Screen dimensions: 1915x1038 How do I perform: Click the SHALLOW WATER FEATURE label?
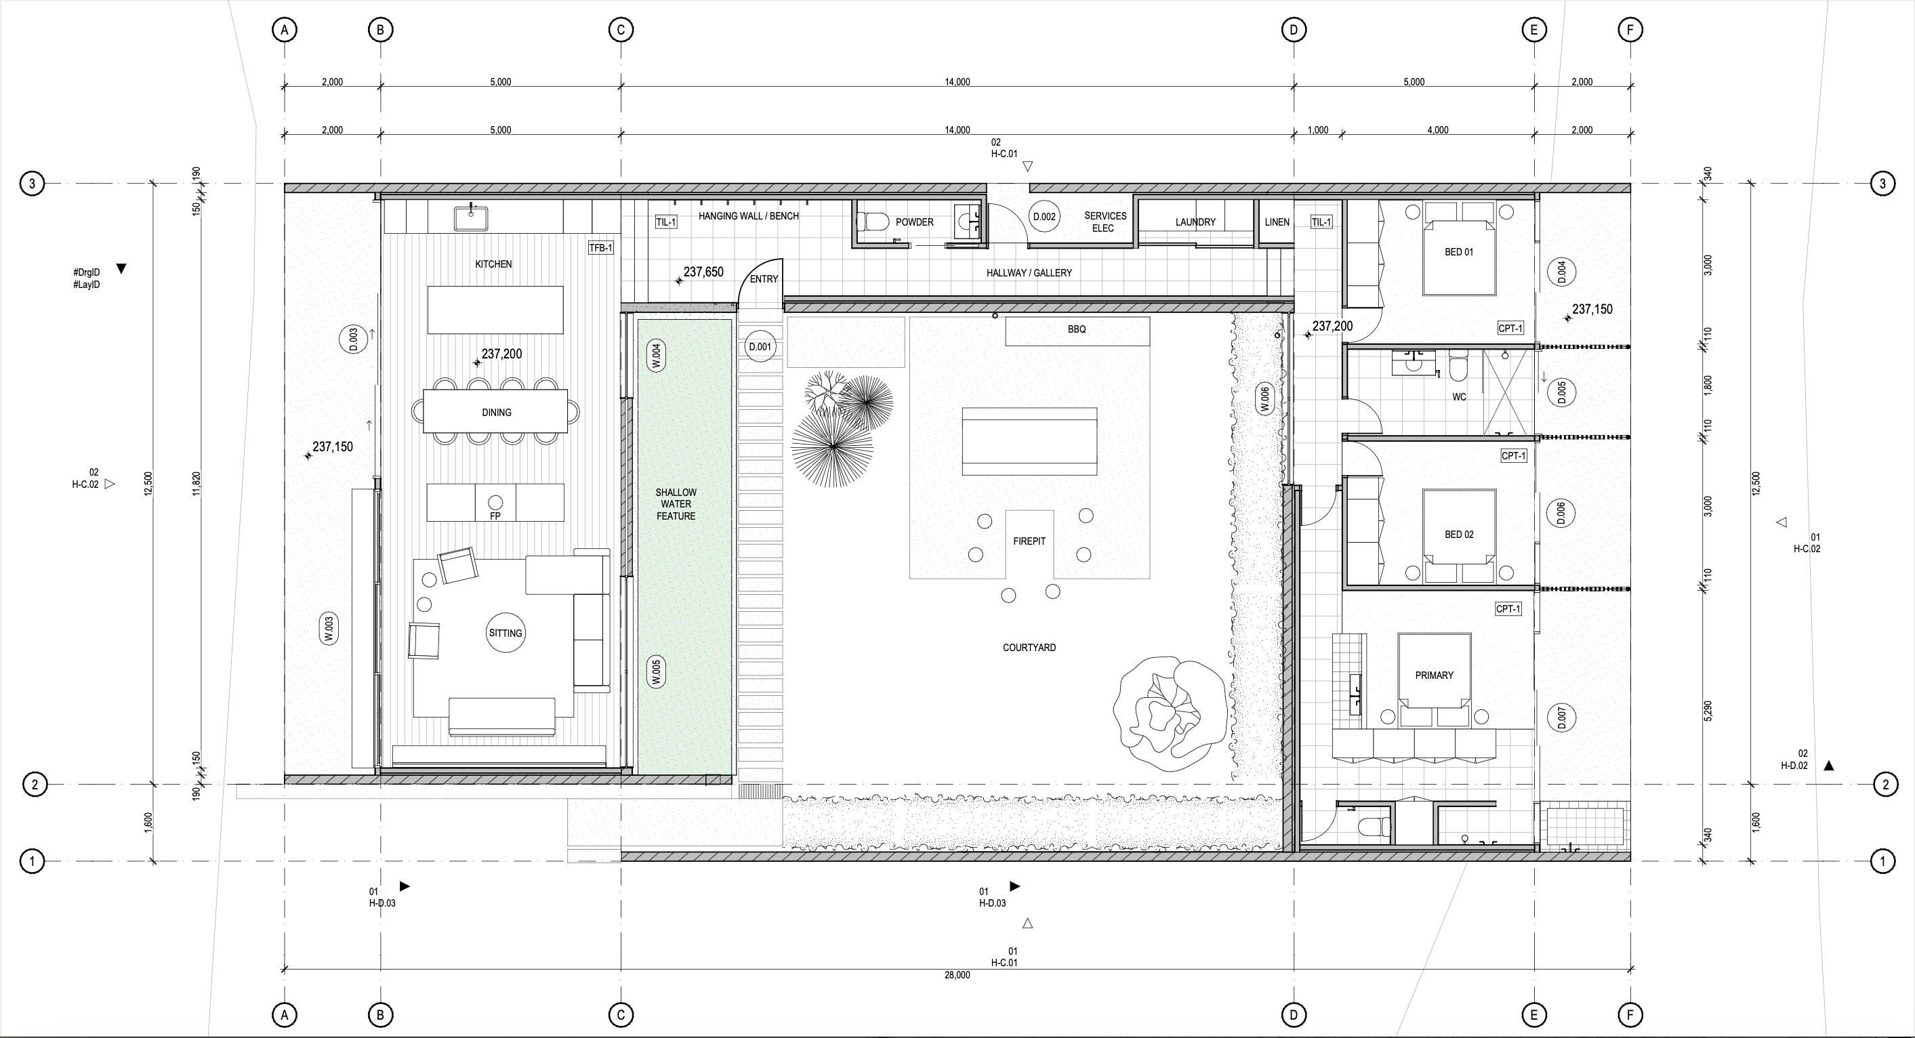point(676,504)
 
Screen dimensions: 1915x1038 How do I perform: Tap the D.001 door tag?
point(760,346)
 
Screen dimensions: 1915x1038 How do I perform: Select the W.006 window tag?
point(1264,399)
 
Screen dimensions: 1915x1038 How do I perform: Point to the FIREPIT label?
point(1029,541)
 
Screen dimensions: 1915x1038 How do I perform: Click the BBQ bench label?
point(1077,329)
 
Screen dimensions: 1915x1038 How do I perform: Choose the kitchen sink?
point(470,218)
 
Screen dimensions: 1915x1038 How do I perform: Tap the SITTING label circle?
point(506,633)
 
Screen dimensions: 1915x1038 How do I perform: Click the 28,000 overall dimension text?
point(957,975)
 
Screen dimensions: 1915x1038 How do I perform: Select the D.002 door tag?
point(1044,216)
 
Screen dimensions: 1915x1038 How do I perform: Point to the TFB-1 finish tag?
point(600,247)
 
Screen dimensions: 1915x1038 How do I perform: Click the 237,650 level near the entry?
point(703,272)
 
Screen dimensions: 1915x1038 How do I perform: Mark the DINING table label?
point(497,412)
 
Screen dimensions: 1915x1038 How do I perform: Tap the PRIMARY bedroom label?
point(1434,675)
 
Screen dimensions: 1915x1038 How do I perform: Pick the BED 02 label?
point(1458,535)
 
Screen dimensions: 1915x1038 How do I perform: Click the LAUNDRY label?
point(1195,222)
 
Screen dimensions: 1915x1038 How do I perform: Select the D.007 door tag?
point(1561,718)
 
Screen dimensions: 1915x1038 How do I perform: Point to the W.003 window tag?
point(329,628)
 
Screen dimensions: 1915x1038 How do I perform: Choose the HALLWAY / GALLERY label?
point(1029,273)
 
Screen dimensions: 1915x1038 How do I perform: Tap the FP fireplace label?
point(495,516)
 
